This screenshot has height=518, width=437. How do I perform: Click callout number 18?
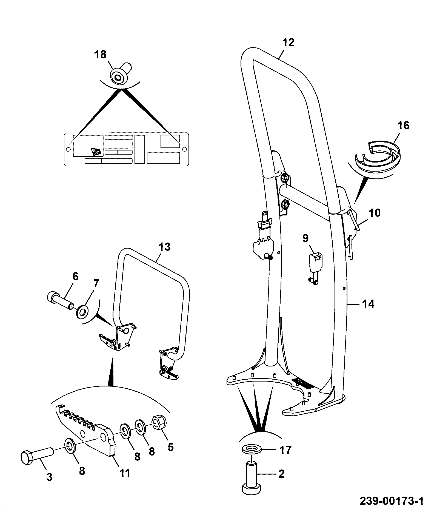point(101,54)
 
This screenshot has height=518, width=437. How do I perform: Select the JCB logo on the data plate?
point(96,152)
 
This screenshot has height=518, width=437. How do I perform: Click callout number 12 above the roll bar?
point(288,42)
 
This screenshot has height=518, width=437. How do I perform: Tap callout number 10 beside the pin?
point(375,213)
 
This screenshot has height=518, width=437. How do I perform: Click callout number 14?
point(368,304)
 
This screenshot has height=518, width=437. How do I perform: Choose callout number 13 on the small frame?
point(164,247)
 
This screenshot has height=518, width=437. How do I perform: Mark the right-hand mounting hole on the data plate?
point(184,149)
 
